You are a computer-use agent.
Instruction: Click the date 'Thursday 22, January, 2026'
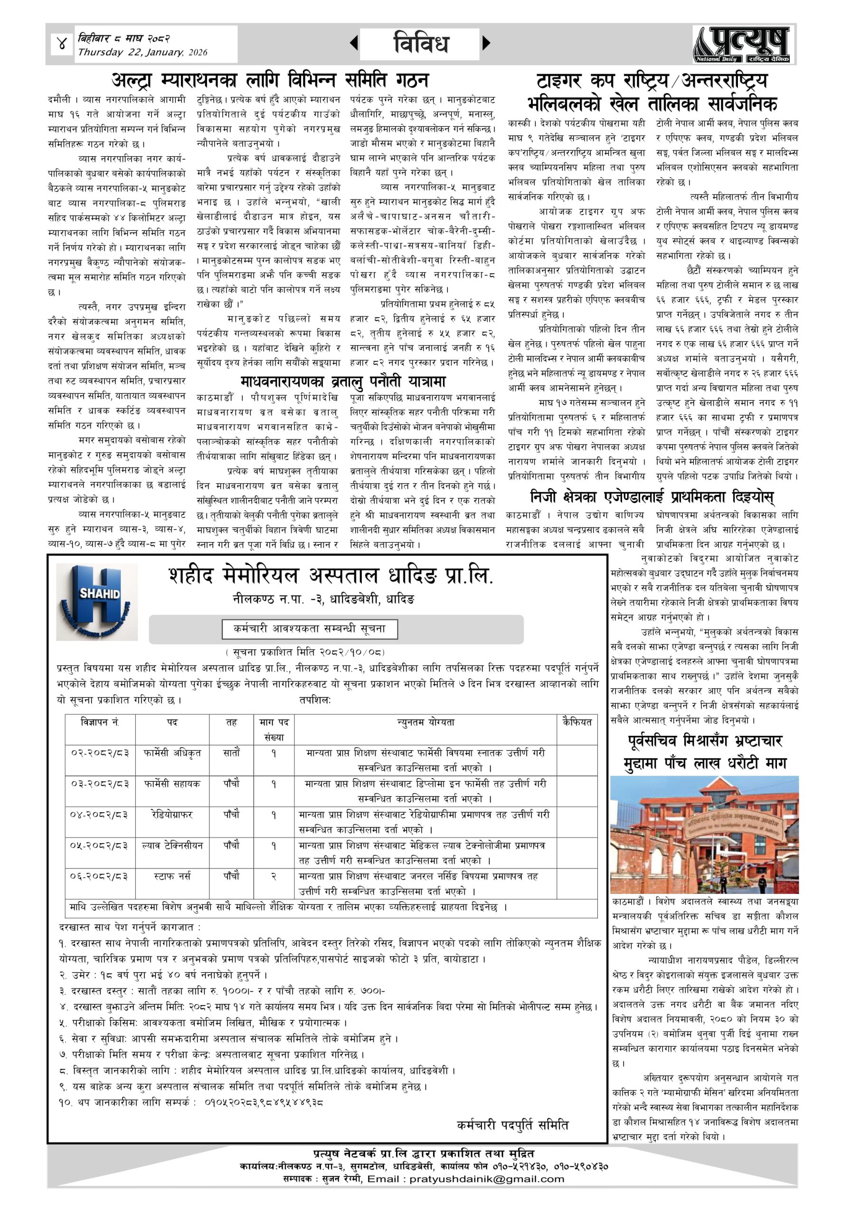pos(142,52)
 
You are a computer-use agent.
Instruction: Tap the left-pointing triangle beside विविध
pos(354,43)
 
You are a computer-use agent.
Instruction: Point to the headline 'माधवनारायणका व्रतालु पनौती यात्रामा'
pos(343,381)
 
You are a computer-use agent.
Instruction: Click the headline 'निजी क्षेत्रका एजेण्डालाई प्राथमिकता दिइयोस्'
pos(652,497)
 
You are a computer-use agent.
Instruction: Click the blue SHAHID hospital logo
pos(97,602)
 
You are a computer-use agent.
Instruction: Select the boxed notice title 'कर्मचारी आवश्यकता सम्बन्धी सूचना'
pos(310,629)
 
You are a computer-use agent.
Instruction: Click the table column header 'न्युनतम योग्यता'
pos(426,722)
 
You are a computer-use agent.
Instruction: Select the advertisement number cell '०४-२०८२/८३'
pos(100,815)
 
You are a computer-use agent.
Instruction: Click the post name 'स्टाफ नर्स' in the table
pos(172,876)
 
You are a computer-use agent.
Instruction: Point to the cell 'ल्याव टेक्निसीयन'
pos(172,846)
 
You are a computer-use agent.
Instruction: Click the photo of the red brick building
pos(704,835)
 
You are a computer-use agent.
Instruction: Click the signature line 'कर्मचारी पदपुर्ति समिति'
pos(512,1125)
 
